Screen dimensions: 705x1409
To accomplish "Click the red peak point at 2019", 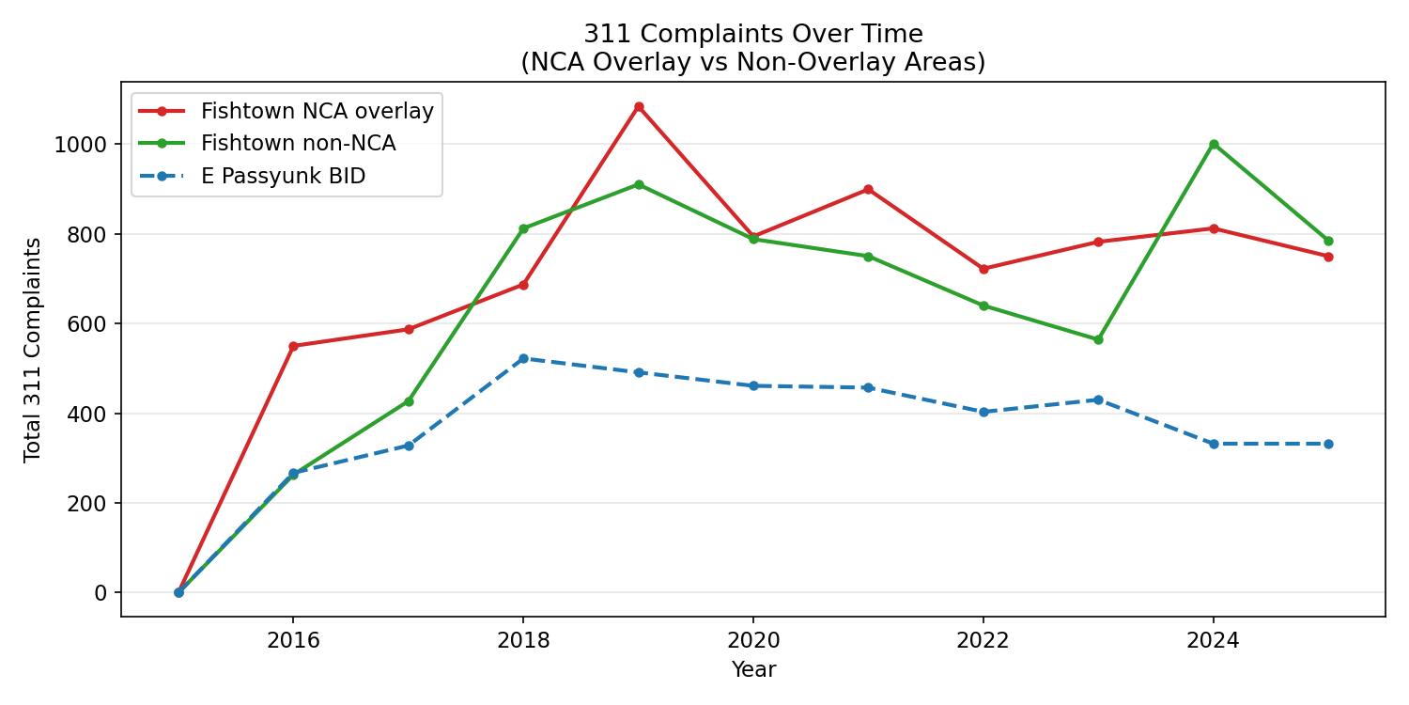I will click(x=639, y=107).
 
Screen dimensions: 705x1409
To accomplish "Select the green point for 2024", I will click(x=1214, y=144).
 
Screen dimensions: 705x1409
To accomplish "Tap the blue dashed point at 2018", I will click(x=523, y=358).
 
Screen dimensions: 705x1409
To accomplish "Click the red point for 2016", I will click(x=293, y=346).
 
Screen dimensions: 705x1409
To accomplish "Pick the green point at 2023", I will click(x=1098, y=339).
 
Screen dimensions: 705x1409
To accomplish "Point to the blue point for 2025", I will click(x=1328, y=444).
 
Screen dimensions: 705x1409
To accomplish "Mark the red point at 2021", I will click(x=868, y=189).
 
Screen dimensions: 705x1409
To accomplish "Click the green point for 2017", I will click(x=409, y=401).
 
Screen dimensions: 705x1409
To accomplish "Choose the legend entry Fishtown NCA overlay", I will click(x=317, y=112).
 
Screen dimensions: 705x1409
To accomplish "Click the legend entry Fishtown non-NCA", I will click(x=298, y=144).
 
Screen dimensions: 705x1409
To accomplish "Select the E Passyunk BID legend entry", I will click(x=283, y=176).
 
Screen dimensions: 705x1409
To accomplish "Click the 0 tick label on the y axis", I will click(x=101, y=593).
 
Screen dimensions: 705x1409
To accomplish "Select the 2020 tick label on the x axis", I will click(x=753, y=641).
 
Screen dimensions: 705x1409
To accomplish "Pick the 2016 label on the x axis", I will click(x=293, y=641).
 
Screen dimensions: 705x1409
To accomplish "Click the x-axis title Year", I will click(x=753, y=669).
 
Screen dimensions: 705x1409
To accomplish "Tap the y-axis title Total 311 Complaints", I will click(x=33, y=350).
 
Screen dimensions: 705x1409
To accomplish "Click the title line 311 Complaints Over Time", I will click(x=753, y=34).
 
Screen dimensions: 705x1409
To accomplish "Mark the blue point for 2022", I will click(x=983, y=412).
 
